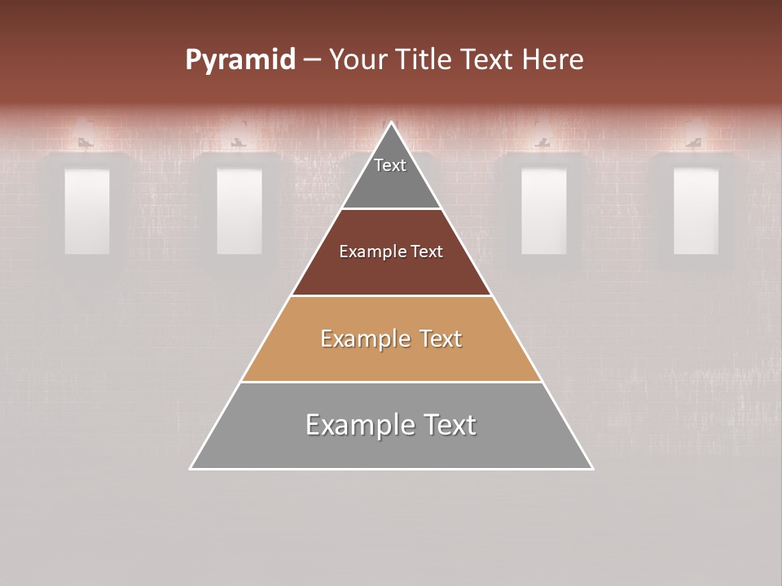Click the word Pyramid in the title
(x=239, y=60)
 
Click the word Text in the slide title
(x=487, y=59)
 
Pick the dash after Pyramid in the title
(x=312, y=60)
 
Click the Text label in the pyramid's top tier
(x=390, y=165)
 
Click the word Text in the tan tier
(x=440, y=339)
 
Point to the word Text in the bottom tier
(x=449, y=425)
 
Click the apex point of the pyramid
(x=391, y=123)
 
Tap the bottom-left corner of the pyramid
(x=191, y=468)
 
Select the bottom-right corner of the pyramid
(x=592, y=468)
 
